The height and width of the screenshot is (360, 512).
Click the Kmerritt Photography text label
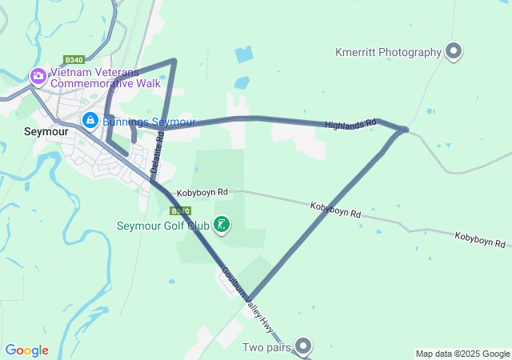(388, 53)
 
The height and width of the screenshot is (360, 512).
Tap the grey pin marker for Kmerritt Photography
(454, 53)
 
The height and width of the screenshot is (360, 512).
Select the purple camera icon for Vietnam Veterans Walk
(38, 77)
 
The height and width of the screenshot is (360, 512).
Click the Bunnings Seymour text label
(149, 122)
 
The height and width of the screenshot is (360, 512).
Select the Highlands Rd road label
(350, 125)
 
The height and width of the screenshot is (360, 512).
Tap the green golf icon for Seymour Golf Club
(222, 226)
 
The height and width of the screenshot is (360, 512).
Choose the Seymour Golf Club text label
(163, 226)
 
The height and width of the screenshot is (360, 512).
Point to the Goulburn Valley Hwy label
(247, 297)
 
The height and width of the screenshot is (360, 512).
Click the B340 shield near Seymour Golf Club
(180, 211)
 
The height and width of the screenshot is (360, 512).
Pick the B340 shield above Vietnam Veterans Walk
(74, 60)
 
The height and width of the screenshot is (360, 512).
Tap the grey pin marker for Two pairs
(303, 346)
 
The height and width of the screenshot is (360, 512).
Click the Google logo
(26, 350)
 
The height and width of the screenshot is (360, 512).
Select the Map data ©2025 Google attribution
(462, 354)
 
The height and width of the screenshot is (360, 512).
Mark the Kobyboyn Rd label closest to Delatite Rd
(203, 192)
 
